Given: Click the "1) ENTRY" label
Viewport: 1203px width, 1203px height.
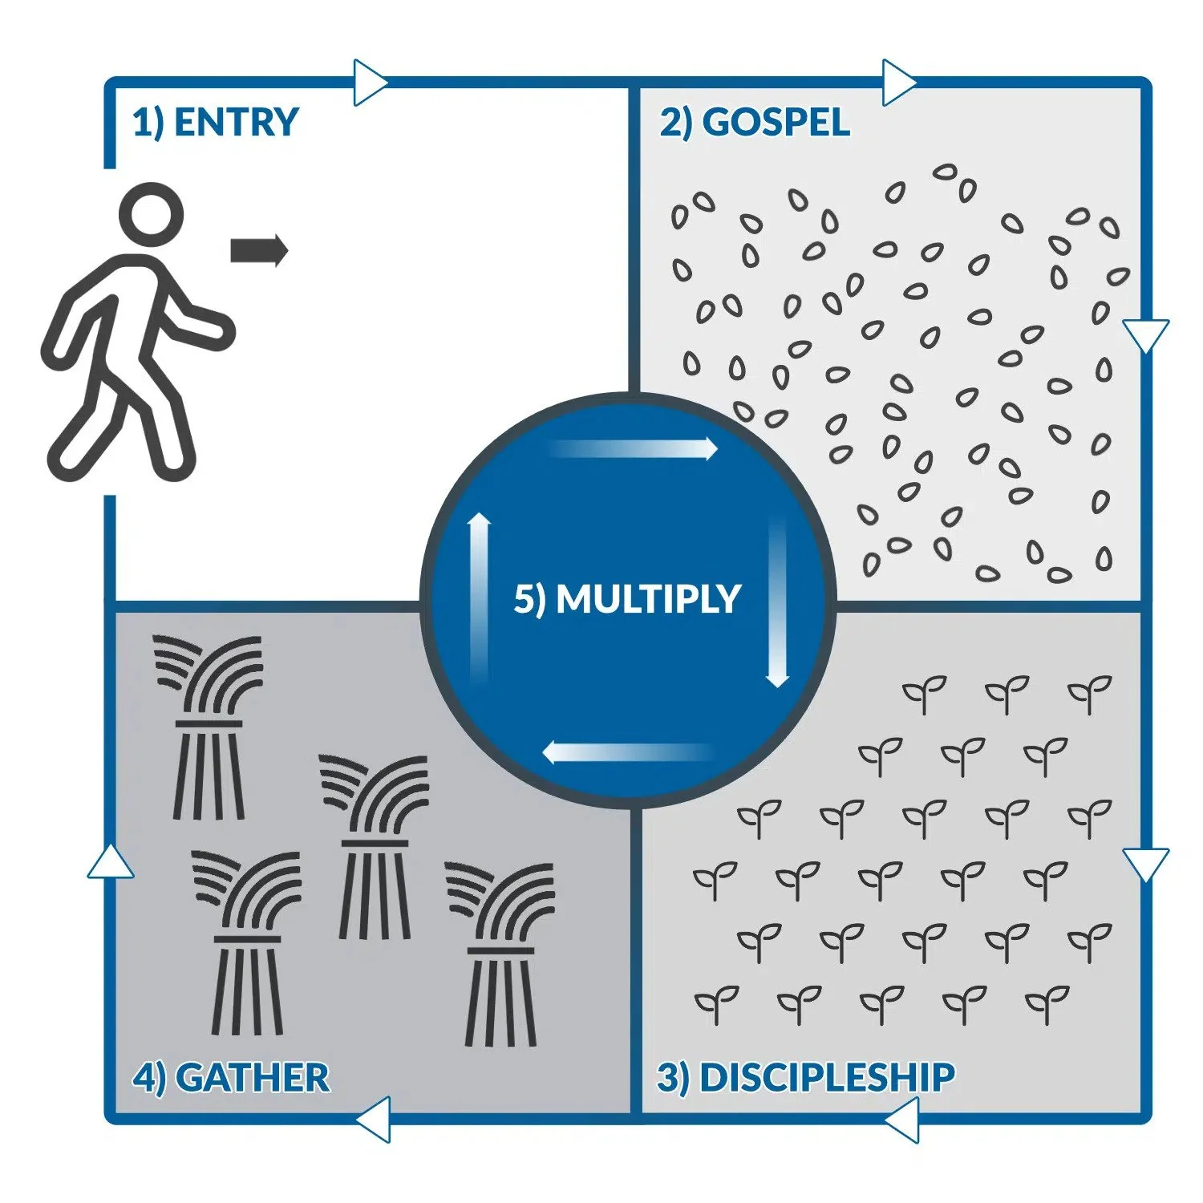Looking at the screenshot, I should click(215, 123).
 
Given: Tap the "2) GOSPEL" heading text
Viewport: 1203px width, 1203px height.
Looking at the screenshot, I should click(755, 123).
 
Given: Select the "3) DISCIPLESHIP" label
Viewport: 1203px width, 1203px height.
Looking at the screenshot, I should click(806, 1077).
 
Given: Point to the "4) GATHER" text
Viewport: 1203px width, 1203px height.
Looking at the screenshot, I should click(231, 1077).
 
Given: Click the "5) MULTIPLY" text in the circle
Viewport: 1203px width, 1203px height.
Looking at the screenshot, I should click(627, 599).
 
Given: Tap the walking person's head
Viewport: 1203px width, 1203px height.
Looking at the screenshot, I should click(151, 215).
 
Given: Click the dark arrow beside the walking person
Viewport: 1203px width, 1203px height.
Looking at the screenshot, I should click(258, 250).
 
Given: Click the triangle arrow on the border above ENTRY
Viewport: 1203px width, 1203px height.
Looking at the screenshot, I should click(370, 82).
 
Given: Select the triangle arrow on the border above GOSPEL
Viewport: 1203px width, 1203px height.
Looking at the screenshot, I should click(898, 82).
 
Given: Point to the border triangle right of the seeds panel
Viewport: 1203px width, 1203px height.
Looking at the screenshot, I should click(1145, 334).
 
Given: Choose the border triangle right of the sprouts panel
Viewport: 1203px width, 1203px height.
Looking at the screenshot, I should click(1145, 864).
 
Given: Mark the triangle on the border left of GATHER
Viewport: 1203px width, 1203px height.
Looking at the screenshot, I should click(111, 863).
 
